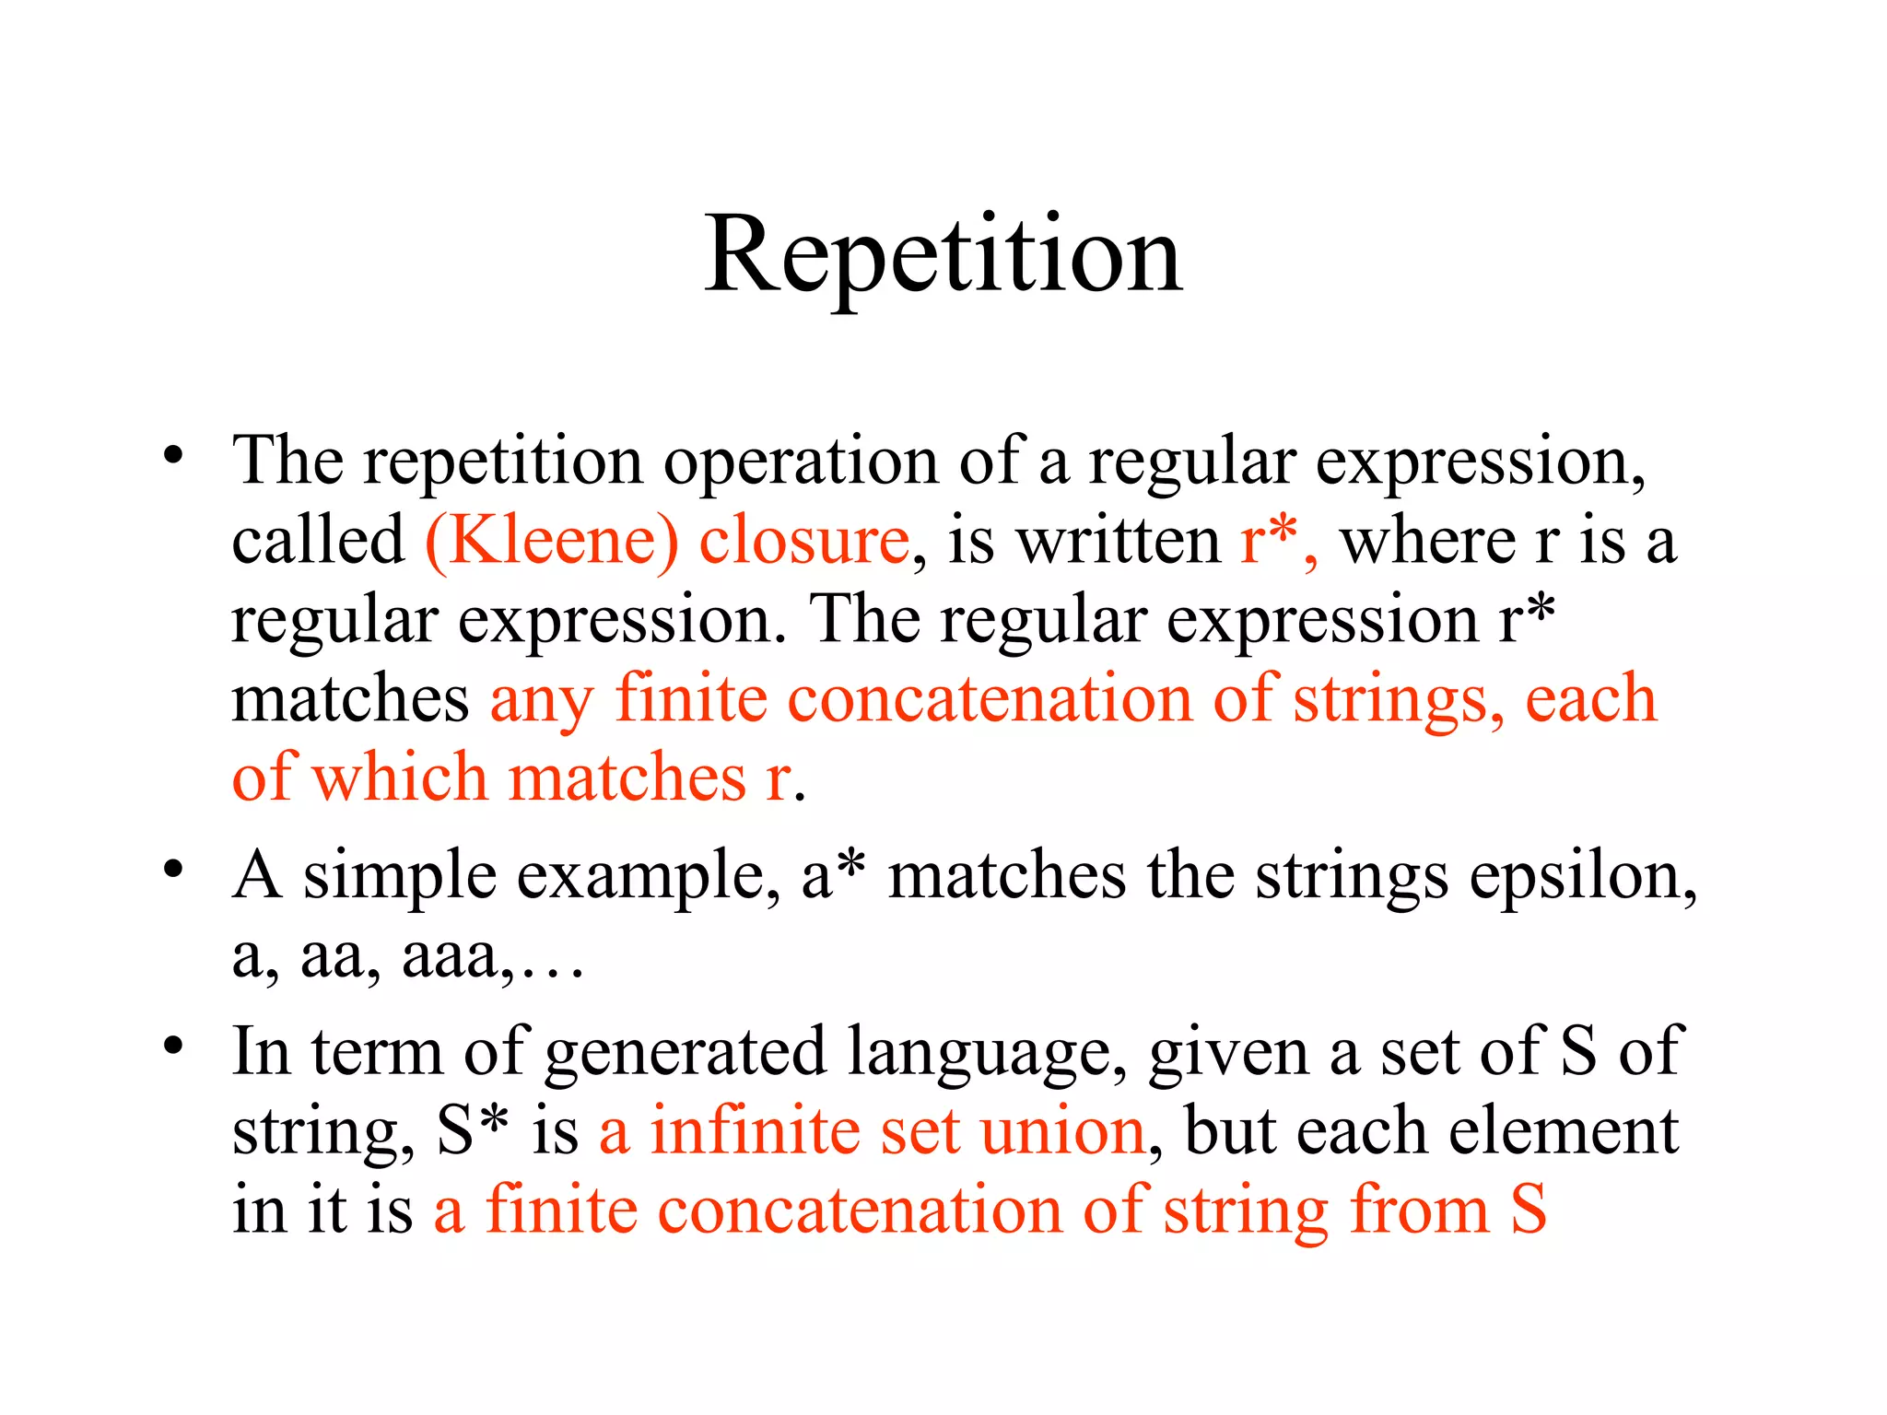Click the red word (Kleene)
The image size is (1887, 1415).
[x=551, y=541]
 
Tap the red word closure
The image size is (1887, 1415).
[x=804, y=541]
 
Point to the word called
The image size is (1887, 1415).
[x=318, y=541]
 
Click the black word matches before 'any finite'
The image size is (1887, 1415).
[x=350, y=700]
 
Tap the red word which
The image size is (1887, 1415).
[x=400, y=778]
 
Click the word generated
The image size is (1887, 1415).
[x=686, y=1053]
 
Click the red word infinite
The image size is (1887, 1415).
[x=755, y=1131]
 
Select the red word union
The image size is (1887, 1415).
[x=1061, y=1131]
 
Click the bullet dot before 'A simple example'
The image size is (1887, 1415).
[x=173, y=871]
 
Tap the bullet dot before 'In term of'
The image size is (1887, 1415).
[x=173, y=1047]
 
